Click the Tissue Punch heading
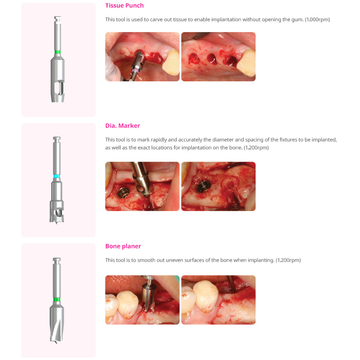(124, 5)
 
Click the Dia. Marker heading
(122, 126)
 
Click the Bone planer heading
(123, 246)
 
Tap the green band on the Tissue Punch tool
(57, 52)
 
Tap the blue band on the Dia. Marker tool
(57, 176)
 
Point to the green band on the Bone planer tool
(56, 300)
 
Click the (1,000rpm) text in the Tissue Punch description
(317, 19)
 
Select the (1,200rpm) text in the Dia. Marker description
(256, 148)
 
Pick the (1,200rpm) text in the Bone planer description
(288, 260)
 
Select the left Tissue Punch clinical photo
(142, 57)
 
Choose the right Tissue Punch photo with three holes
(218, 57)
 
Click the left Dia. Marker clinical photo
(142, 186)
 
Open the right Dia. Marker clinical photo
(218, 186)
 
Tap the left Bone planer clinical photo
(142, 300)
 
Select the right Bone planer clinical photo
(218, 300)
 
